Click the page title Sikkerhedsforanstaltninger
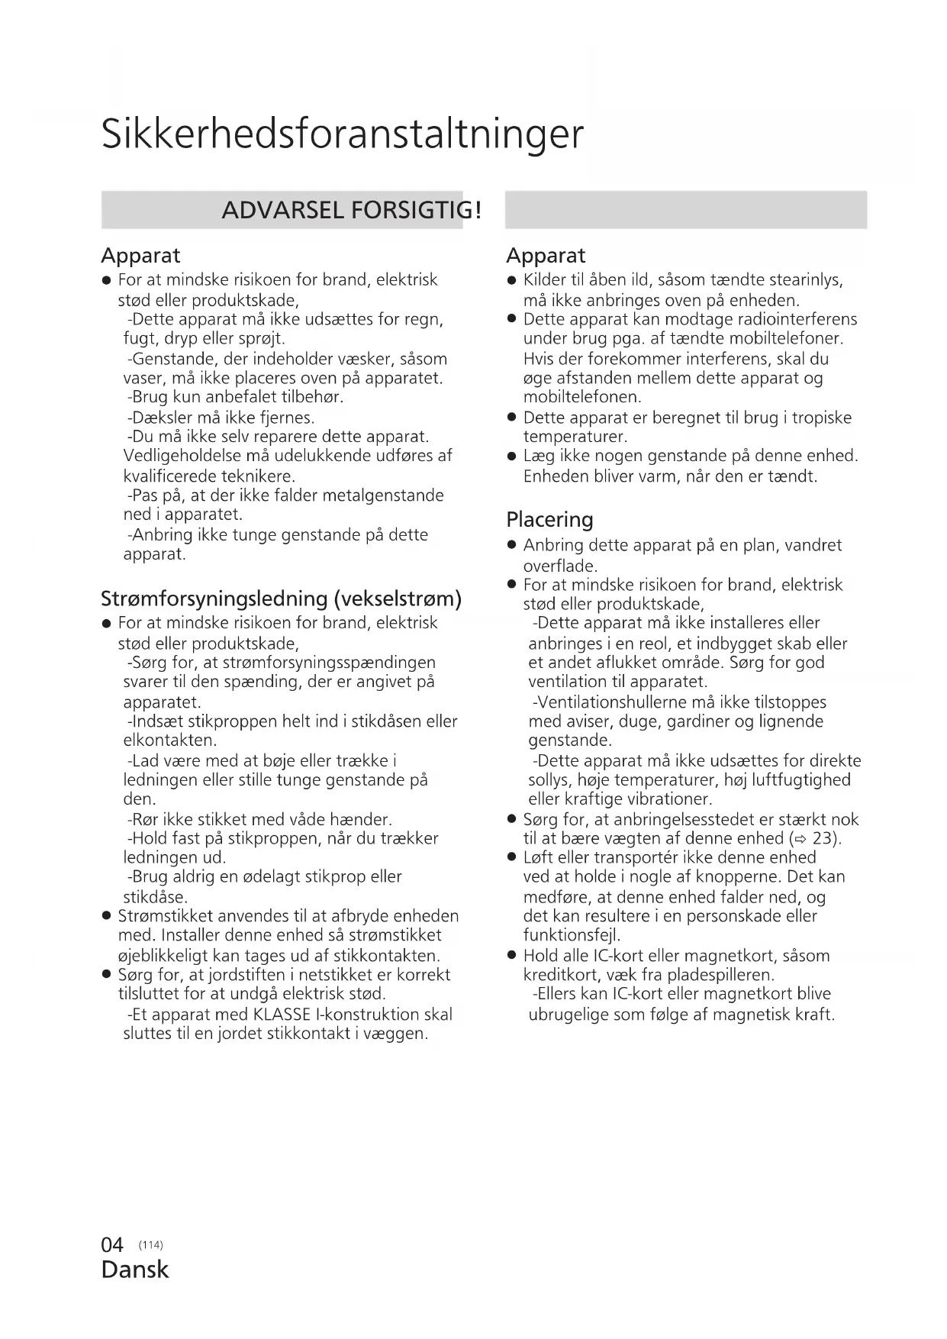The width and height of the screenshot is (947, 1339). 342,134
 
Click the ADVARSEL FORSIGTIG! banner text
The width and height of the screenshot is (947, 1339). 351,210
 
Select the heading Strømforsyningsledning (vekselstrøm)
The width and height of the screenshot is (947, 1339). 282,599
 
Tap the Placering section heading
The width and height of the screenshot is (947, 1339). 549,520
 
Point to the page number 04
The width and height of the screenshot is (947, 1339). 112,1245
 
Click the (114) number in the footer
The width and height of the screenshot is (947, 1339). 151,1245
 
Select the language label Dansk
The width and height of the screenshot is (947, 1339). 134,1270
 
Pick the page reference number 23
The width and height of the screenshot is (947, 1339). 824,838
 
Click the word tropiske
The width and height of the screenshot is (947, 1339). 822,418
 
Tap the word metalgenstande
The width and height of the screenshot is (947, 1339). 383,495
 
